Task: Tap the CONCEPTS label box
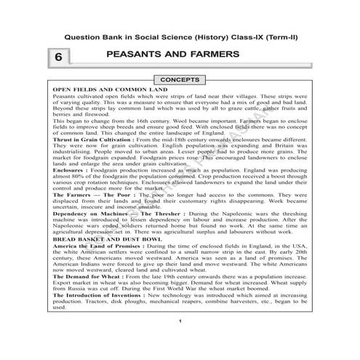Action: pyautogui.click(x=180, y=79)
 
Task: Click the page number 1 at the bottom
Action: pyautogui.click(x=180, y=341)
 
